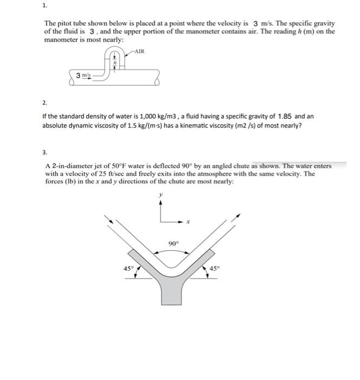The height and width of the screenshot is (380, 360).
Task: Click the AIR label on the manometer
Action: (139, 52)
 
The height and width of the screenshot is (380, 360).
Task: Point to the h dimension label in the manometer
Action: (114, 63)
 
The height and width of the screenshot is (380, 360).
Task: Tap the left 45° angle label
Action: (127, 268)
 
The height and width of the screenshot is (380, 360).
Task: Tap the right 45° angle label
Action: (215, 268)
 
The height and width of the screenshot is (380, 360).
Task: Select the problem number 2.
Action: (45, 103)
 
